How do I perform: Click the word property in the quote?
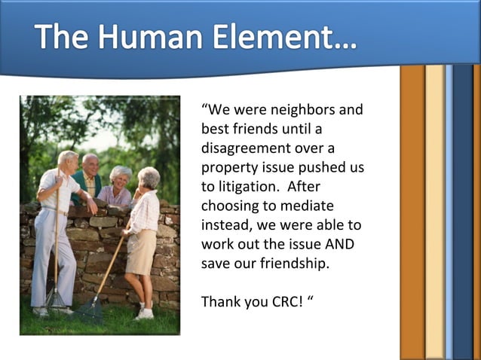coord(230,167)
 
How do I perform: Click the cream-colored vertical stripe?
coord(434,211)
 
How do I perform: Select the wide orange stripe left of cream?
coord(412,211)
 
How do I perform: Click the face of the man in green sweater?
coord(90,164)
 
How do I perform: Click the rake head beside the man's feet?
coord(55,301)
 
